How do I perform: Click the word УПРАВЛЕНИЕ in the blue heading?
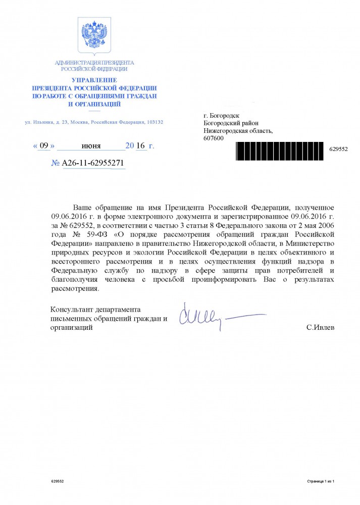coord(94,80)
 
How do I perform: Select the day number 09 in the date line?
coord(44,146)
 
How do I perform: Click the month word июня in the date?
coord(91,146)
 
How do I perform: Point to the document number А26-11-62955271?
coord(92,164)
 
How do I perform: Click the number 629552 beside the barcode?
coord(338,150)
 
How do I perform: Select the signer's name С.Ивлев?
coord(320,328)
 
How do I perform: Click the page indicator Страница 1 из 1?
coord(321,482)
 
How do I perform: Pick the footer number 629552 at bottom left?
coord(58,482)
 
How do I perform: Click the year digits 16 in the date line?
coord(141,146)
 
